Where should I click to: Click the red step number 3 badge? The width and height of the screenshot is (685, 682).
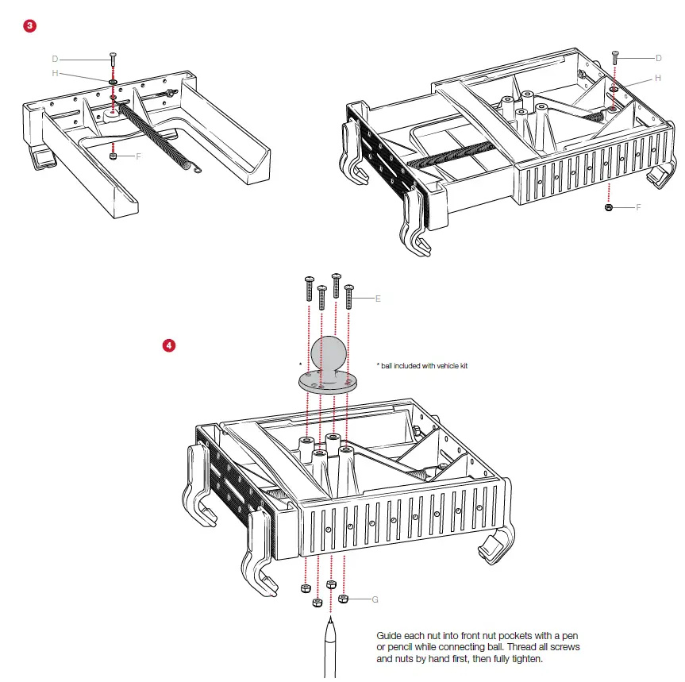pyautogui.click(x=30, y=26)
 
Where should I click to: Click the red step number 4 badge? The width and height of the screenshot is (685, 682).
pyautogui.click(x=168, y=346)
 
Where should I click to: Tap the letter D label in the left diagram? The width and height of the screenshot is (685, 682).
pyautogui.click(x=56, y=58)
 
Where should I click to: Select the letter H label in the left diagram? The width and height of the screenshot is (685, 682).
pyautogui.click(x=56, y=74)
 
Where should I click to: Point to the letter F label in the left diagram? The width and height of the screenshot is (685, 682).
pyautogui.click(x=138, y=156)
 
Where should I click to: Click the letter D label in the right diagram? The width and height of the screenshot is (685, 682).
pyautogui.click(x=658, y=58)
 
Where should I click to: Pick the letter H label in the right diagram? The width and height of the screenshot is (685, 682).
pyautogui.click(x=658, y=79)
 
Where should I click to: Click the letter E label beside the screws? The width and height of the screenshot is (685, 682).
pyautogui.click(x=378, y=299)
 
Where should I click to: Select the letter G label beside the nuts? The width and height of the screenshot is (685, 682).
pyautogui.click(x=375, y=599)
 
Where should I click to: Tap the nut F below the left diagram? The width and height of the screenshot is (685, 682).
pyautogui.click(x=115, y=156)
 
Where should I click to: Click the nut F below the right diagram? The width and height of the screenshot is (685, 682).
pyautogui.click(x=607, y=207)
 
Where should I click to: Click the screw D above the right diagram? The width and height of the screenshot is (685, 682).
pyautogui.click(x=615, y=58)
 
